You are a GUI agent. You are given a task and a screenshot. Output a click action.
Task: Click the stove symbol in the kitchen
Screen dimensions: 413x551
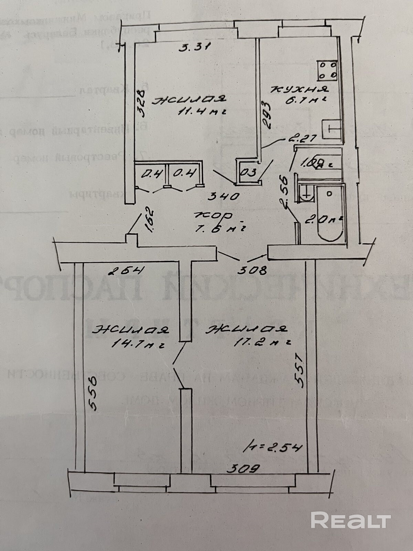click(x=328, y=70)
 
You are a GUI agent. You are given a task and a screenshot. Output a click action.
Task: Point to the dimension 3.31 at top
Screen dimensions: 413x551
click(x=195, y=48)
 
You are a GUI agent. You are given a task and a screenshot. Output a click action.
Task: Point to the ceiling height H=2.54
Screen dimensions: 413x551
click(x=273, y=448)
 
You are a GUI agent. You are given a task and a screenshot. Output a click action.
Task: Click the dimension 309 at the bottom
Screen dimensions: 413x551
click(x=244, y=468)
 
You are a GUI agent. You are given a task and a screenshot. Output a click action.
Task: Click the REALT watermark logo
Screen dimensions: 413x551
click(x=351, y=520)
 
